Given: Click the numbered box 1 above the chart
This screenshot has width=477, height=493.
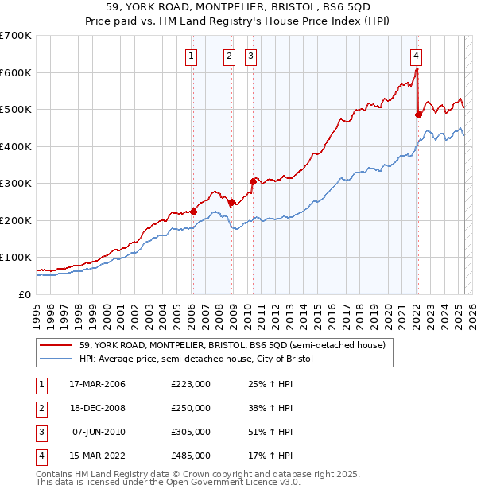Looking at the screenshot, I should point(192,56).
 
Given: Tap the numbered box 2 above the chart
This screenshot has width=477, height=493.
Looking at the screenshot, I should point(229,56).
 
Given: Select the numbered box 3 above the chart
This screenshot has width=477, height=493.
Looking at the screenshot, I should point(250,56).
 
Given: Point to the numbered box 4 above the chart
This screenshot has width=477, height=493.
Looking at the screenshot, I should point(416,56).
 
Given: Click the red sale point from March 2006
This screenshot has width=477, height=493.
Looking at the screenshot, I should point(193,212).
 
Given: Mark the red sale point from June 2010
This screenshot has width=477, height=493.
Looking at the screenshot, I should point(252,181).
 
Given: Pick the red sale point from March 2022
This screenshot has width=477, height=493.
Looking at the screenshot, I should point(418,115).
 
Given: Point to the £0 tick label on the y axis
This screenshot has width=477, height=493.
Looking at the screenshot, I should point(24,294).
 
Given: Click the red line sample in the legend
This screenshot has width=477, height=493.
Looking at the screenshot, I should point(56,345).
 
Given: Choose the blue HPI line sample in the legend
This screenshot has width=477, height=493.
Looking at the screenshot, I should point(56,359).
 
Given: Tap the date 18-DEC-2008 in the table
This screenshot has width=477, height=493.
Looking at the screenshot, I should point(98,408).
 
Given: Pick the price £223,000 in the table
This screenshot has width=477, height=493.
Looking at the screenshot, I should point(191,384).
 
